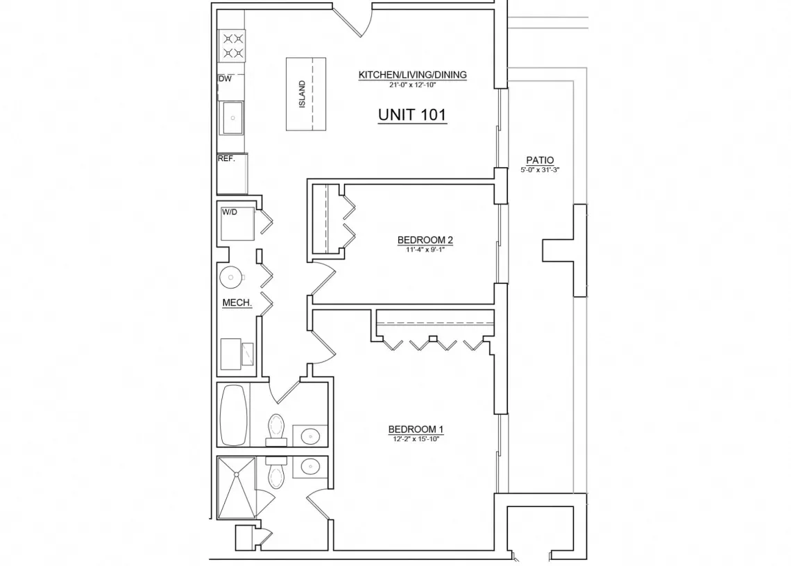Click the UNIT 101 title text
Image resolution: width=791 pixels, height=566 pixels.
(412, 115)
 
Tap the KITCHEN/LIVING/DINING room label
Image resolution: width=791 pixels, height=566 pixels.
(412, 75)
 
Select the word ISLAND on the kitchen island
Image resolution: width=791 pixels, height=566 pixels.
(302, 94)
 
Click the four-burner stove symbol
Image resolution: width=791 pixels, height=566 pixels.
(232, 46)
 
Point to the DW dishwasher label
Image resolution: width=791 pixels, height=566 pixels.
(225, 78)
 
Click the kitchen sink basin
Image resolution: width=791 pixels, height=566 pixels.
(232, 118)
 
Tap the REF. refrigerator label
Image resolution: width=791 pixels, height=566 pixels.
(226, 158)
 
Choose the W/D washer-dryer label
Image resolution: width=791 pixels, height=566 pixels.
(229, 212)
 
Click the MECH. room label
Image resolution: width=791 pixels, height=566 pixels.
(237, 302)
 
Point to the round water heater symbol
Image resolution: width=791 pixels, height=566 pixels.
(231, 277)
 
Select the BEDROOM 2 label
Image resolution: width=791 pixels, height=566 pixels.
(425, 240)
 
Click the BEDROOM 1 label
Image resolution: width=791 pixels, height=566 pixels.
(416, 429)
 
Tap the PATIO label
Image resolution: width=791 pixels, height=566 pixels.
(540, 160)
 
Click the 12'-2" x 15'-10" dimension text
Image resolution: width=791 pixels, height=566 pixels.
(416, 439)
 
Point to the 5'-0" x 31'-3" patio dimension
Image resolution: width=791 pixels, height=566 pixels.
(540, 170)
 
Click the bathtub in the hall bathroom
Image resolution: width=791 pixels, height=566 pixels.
(234, 415)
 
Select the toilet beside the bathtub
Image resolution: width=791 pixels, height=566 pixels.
(276, 430)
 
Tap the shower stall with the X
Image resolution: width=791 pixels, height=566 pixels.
(237, 488)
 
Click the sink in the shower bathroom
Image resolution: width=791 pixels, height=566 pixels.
(310, 467)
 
